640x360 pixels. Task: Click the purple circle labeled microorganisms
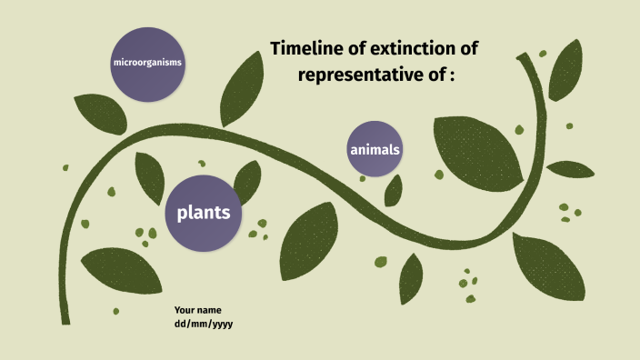(147, 63)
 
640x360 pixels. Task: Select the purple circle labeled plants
(203, 214)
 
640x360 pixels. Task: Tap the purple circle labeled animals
(375, 149)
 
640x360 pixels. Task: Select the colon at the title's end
(450, 75)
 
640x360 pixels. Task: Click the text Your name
(197, 310)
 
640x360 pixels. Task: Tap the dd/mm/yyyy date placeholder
(204, 324)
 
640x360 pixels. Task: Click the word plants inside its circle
(203, 214)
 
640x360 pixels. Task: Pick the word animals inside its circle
(375, 149)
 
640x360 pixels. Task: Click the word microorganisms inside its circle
(147, 63)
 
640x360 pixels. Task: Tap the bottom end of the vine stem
(65, 320)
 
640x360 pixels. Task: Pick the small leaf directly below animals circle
(394, 189)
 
